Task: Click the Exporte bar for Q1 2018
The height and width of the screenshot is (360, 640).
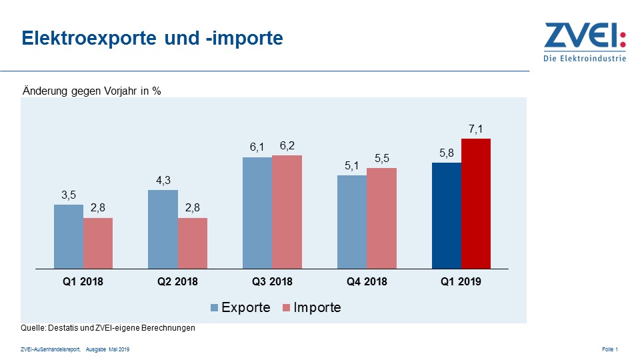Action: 69,237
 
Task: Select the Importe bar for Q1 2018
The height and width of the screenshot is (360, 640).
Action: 98,243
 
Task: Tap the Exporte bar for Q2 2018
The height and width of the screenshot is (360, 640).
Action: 163,229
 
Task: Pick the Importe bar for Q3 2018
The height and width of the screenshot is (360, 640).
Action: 287,212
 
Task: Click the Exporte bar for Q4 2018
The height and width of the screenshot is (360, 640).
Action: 352,222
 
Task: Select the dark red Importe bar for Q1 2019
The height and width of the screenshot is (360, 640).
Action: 476,203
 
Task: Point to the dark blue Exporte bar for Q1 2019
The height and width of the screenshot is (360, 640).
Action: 447,215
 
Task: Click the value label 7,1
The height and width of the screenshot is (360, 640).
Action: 476,129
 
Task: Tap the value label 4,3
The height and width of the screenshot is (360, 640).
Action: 163,181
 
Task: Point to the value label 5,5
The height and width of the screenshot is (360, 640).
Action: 382,158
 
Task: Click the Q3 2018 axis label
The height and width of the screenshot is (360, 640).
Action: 272,282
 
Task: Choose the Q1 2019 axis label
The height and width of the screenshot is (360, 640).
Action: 461,282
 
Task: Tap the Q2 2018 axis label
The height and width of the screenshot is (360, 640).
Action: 177,282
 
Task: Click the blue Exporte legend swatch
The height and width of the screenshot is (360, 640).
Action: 215,308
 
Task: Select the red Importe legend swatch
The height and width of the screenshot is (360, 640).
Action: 287,308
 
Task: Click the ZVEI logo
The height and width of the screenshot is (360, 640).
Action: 585,41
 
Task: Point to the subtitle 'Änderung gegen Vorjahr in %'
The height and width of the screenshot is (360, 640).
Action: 92,91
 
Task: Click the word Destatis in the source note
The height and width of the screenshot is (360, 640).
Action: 63,328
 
